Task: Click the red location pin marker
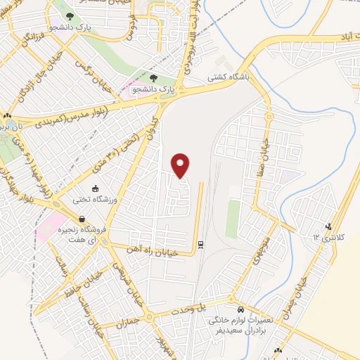181,166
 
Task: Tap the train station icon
201,244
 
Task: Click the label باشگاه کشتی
229,80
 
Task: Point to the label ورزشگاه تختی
94,200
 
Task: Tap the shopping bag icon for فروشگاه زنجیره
82,219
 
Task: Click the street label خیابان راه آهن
157,249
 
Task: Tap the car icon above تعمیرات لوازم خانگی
241,309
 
